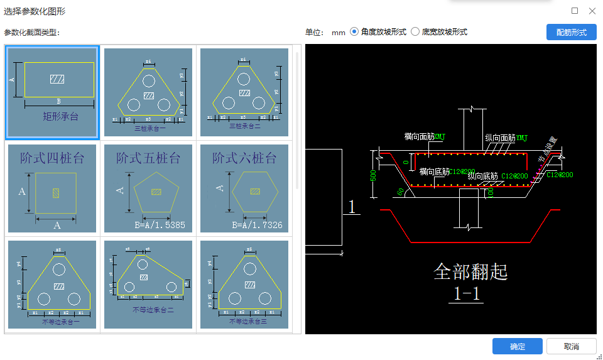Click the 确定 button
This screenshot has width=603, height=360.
tap(517, 346)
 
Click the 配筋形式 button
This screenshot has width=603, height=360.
tap(571, 32)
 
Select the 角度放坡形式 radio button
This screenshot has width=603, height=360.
tap(354, 32)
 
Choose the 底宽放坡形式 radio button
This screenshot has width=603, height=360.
tap(415, 32)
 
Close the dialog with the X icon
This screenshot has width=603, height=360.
tap(592, 11)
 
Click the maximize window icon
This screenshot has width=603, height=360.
tap(575, 11)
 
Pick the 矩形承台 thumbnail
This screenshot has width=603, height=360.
tap(52, 92)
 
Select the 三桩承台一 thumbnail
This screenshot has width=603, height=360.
tap(148, 92)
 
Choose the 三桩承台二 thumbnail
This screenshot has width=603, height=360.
tap(244, 92)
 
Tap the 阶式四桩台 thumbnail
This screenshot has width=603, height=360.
tap(52, 188)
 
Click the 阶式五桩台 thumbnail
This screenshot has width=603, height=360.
tap(148, 188)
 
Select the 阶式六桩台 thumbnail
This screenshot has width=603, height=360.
tap(244, 188)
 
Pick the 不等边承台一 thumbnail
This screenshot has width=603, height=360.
tap(52, 285)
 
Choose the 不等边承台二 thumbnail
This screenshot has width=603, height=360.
tap(148, 285)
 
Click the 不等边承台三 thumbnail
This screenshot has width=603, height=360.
tap(244, 285)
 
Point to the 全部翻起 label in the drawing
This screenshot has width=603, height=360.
tap(470, 271)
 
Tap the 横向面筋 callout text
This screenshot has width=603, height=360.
tap(419, 136)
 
